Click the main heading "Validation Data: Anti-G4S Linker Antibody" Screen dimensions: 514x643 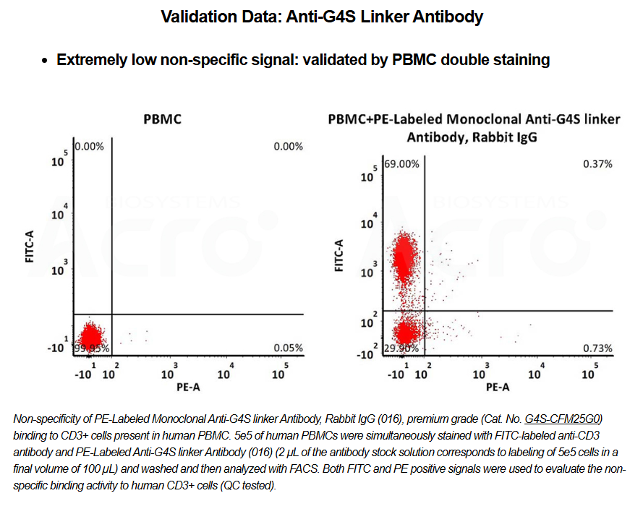coord(321,17)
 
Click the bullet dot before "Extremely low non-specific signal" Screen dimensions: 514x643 coord(46,61)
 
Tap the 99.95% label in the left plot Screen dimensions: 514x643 coord(91,348)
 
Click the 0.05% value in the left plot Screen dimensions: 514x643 coord(288,348)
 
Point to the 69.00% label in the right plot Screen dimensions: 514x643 coord(401,164)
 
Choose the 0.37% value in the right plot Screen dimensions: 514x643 coord(597,164)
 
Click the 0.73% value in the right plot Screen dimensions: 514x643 coord(597,349)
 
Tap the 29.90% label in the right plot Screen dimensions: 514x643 coord(400,349)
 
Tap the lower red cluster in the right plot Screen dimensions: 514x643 coord(406,334)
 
